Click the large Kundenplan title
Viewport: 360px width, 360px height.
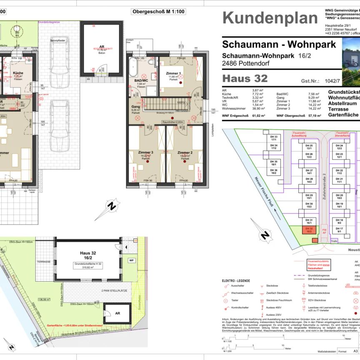coord(270,18)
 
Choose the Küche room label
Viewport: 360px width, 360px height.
coord(17,73)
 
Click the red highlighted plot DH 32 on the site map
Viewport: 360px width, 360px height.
coord(309,230)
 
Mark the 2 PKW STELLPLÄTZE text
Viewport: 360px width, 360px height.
coord(114,290)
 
